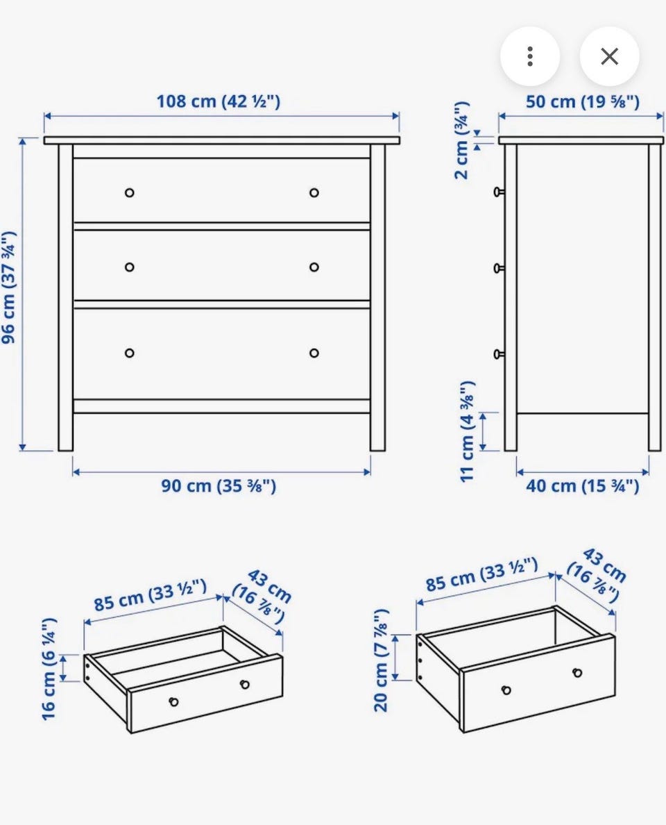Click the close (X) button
[x=609, y=56]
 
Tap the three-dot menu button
[x=530, y=56]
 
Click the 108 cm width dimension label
[x=218, y=101]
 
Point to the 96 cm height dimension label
[x=9, y=287]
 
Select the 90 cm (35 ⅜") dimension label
[x=218, y=485]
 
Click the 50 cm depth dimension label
[x=583, y=101]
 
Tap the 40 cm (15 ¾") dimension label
[x=583, y=485]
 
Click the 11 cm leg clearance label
[x=468, y=431]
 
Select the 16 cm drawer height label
[x=49, y=669]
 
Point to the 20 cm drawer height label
[x=381, y=660]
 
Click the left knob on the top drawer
[x=129, y=192]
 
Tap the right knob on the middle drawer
[x=314, y=267]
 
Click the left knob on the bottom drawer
[x=129, y=353]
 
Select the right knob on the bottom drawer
[x=314, y=353]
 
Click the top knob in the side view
[x=499, y=192]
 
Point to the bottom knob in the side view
[x=499, y=355]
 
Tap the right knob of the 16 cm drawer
[x=244, y=685]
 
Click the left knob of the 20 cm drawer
[x=506, y=690]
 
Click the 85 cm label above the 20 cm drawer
[x=481, y=574]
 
